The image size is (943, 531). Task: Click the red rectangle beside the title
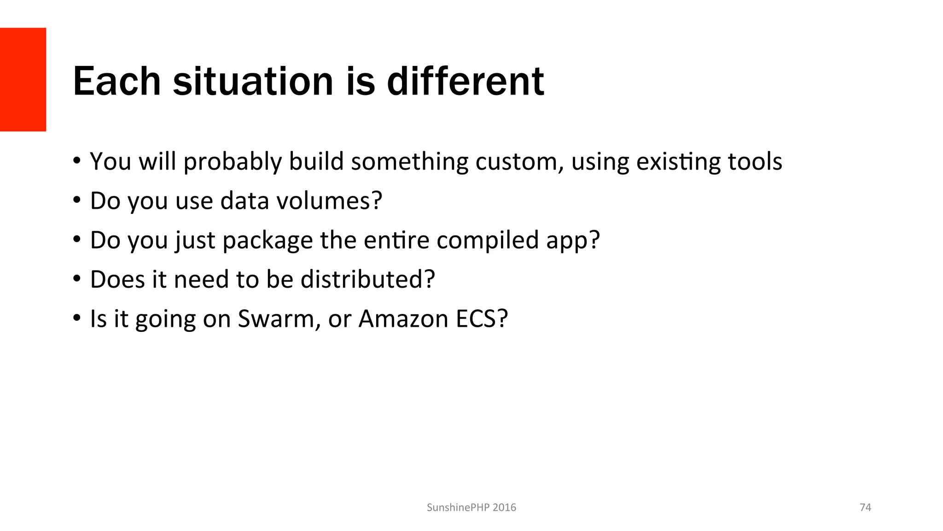(x=23, y=79)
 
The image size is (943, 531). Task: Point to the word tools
(x=755, y=162)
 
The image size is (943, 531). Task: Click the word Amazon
(x=403, y=319)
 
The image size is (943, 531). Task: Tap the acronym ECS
(x=481, y=319)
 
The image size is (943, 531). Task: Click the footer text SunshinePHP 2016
(x=471, y=507)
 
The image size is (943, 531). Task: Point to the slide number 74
(x=865, y=507)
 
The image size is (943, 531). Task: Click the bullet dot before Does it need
(x=77, y=279)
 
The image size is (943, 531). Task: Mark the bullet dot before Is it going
(x=77, y=318)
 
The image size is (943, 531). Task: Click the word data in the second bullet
(x=244, y=201)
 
